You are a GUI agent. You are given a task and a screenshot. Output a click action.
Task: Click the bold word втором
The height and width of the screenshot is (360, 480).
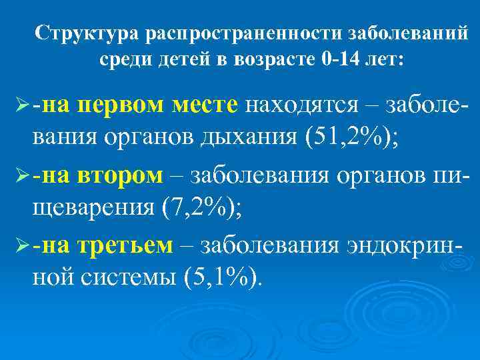point(120,175)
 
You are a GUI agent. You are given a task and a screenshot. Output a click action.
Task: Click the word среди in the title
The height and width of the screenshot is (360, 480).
point(125,59)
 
